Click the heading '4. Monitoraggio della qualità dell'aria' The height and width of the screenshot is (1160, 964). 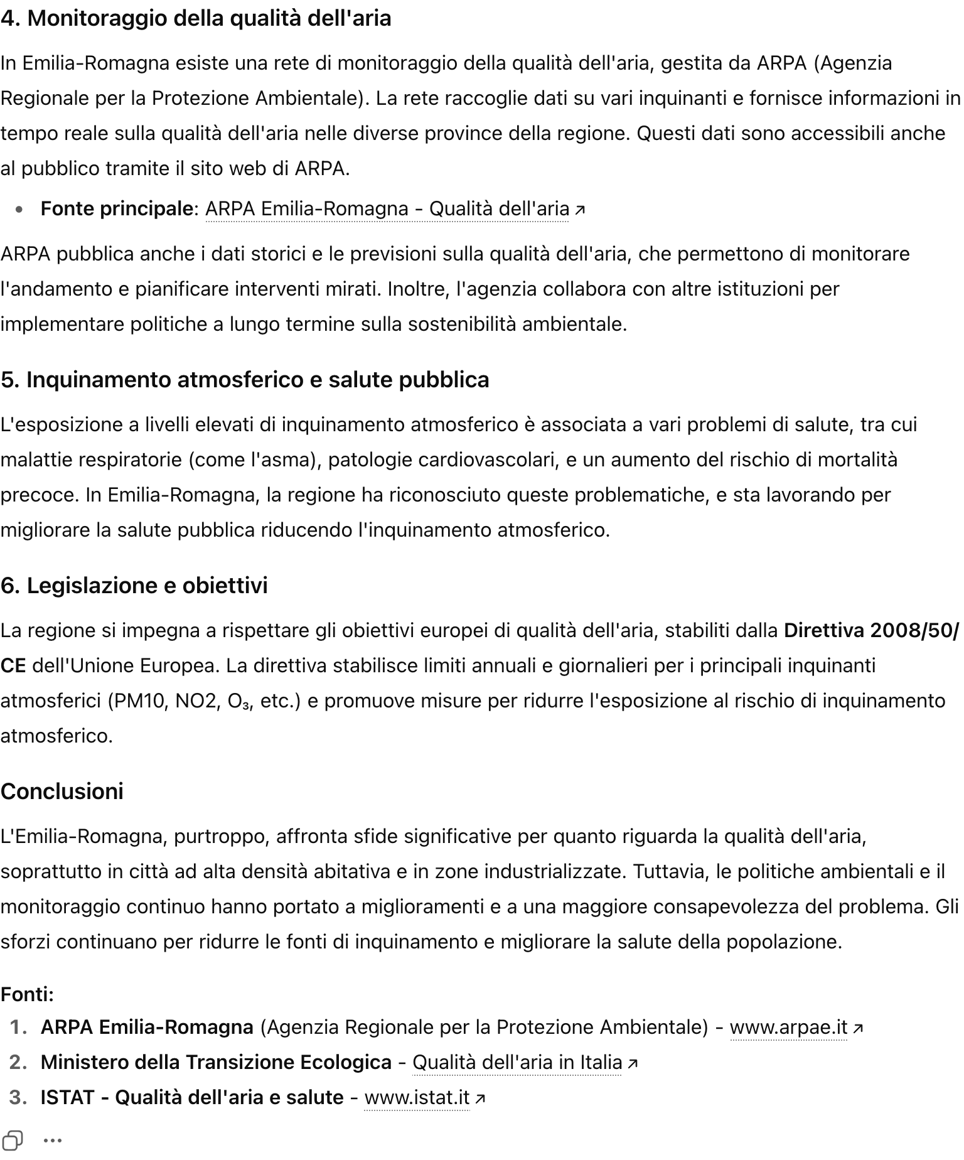pos(196,19)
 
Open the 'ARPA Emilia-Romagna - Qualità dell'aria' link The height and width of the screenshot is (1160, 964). pos(387,209)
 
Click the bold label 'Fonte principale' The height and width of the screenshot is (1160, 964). pos(116,209)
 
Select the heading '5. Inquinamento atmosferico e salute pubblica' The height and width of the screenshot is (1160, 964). pos(245,380)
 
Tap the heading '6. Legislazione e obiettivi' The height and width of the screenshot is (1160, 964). pos(134,586)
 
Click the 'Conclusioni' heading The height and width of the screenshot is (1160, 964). pos(62,792)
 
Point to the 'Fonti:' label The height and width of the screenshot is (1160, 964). pos(28,994)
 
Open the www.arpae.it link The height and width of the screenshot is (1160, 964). pos(788,1028)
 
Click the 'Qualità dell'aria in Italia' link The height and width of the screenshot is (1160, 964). pos(517,1063)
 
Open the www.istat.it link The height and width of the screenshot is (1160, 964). pos(417,1098)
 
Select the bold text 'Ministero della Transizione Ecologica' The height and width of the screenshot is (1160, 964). pos(216,1063)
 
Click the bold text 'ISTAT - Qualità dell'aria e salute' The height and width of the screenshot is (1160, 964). pos(192,1098)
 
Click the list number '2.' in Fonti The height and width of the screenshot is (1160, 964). pos(19,1063)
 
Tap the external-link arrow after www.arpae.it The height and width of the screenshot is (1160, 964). pos(858,1028)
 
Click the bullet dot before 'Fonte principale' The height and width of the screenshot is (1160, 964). pos(21,210)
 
